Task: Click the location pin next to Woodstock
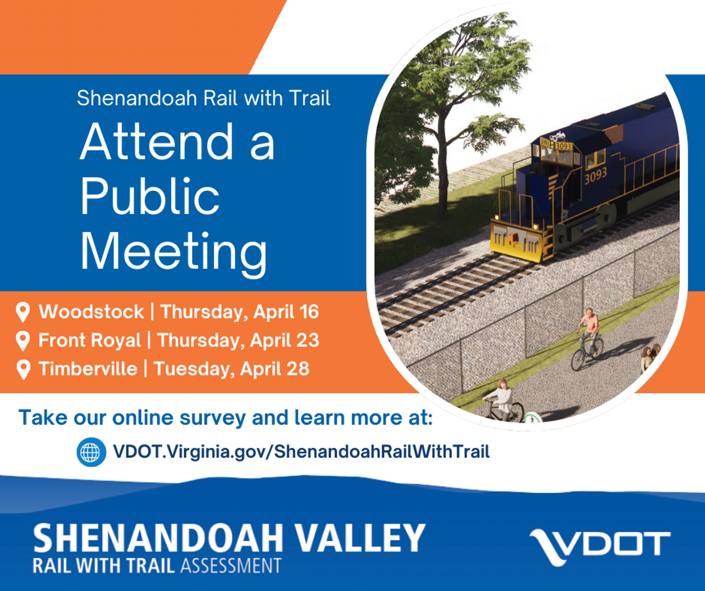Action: point(23,312)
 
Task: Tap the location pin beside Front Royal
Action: point(23,340)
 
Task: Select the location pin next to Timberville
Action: point(23,369)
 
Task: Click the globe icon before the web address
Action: point(91,452)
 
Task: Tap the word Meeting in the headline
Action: point(173,252)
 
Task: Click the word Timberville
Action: point(88,369)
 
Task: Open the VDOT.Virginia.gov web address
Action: point(301,452)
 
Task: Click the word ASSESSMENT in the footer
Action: point(231,566)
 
